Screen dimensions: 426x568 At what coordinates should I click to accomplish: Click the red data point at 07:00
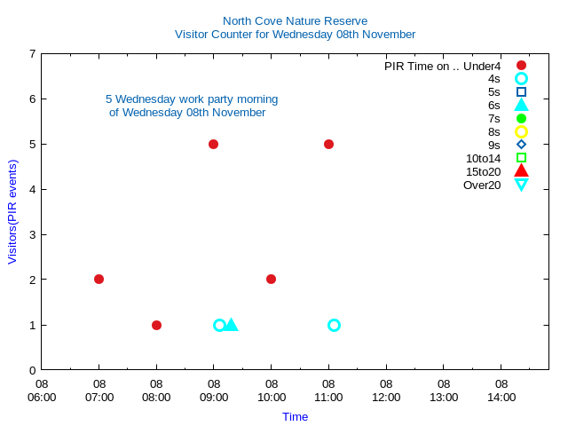[x=99, y=279]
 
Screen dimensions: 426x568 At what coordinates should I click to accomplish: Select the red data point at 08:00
[x=156, y=325]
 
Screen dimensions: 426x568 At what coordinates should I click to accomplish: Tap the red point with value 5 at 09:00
[x=213, y=144]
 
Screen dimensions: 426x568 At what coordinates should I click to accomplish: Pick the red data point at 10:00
[x=271, y=279]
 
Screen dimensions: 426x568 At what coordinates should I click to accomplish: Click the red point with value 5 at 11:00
[x=328, y=144]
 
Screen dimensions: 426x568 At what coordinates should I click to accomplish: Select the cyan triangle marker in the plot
[x=231, y=325]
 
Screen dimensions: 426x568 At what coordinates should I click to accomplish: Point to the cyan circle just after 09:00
[x=219, y=325]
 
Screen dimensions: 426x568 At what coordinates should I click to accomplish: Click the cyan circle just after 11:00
[x=334, y=325]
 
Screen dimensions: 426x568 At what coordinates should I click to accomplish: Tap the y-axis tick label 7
[x=33, y=53]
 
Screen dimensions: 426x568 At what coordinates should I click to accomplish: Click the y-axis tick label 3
[x=33, y=234]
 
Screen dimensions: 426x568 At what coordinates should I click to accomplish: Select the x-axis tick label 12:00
[x=386, y=390]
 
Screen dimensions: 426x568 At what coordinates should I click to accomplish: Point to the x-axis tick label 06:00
[x=42, y=390]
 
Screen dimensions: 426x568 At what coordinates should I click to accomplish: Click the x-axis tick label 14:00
[x=501, y=390]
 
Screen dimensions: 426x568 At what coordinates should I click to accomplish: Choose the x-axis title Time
[x=295, y=416]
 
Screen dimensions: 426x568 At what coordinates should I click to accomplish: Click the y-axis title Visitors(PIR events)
[x=12, y=211]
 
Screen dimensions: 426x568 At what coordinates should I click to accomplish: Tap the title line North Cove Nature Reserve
[x=295, y=20]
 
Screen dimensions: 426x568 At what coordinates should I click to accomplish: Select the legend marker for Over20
[x=521, y=185]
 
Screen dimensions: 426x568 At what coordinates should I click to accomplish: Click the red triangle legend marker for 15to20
[x=521, y=171]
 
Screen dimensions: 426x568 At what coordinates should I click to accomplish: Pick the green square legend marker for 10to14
[x=521, y=158]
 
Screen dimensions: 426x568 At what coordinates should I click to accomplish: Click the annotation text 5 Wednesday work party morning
[x=191, y=99]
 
